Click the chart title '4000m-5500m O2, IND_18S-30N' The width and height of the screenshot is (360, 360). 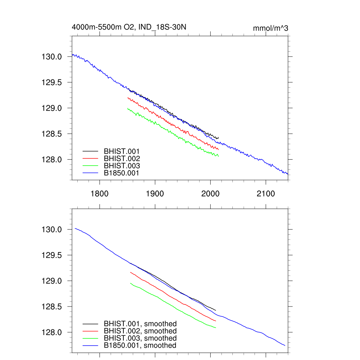tap(132, 27)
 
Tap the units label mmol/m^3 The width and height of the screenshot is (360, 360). tap(270, 28)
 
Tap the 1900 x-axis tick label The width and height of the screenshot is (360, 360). tap(155, 194)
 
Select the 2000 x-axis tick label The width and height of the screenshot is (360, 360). tap(210, 194)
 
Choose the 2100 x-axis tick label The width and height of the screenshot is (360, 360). tap(266, 194)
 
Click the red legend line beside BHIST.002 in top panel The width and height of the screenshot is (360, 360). tap(90, 159)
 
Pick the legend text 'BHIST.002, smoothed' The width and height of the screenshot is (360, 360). tap(140, 331)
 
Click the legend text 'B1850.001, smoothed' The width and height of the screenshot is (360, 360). tap(140, 346)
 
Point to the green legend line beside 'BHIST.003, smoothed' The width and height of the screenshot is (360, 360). tap(90, 338)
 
